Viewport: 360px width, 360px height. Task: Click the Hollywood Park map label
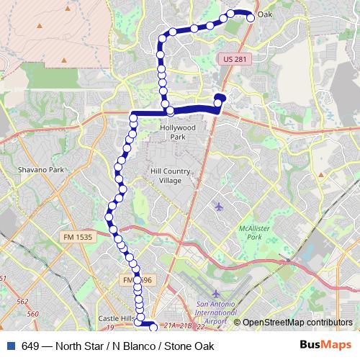point(178,132)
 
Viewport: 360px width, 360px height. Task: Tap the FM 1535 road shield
point(78,237)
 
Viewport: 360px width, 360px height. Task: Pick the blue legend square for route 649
point(10,345)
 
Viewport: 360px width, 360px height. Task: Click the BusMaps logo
point(322,345)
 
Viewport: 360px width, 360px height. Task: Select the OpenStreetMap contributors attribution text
point(297,323)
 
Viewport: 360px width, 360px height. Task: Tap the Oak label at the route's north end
point(265,14)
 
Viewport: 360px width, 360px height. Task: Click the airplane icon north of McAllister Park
point(219,207)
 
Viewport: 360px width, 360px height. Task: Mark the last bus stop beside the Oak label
point(251,18)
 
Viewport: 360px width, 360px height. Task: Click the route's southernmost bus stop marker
point(153,328)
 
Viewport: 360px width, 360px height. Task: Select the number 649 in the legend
point(30,346)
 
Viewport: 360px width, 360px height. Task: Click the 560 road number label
point(32,314)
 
